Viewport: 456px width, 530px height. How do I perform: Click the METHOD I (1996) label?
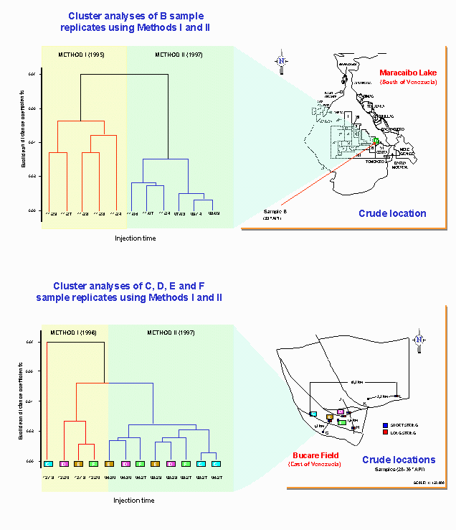click(74, 333)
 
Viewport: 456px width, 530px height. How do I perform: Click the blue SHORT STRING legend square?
click(386, 425)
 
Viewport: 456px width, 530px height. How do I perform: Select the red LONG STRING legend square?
click(386, 434)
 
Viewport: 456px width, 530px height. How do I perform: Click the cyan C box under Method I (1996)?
click(49, 463)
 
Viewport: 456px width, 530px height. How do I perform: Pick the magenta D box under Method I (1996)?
click(64, 463)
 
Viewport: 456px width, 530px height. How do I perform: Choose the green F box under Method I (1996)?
click(94, 463)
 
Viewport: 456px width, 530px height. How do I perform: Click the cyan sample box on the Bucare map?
click(313, 414)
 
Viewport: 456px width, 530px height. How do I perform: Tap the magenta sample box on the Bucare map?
click(341, 412)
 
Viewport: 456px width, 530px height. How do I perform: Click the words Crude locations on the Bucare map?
click(398, 460)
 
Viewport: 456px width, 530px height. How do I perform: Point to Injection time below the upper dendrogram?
click(135, 238)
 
